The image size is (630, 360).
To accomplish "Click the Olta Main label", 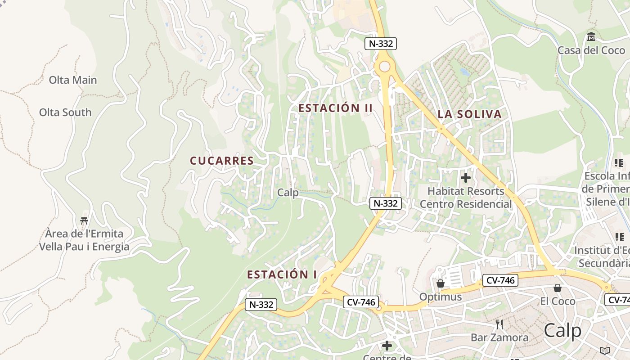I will [73, 80].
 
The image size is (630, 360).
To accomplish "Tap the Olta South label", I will [65, 112].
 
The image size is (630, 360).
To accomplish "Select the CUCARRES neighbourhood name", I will [222, 161].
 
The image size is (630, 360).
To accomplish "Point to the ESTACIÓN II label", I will [336, 108].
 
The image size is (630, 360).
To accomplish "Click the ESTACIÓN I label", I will [282, 274].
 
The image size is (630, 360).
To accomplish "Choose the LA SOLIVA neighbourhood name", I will [469, 114].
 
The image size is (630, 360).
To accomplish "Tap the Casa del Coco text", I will [591, 50].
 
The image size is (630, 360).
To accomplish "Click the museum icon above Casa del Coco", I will [591, 36].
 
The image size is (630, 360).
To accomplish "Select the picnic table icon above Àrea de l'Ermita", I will [84, 220].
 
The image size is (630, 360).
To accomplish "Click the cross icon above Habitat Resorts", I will [466, 178].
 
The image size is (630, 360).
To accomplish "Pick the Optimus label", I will [441, 297].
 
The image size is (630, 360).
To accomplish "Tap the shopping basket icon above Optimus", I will [441, 283].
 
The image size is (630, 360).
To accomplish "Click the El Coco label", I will [558, 301].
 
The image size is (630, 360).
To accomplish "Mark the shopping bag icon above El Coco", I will [558, 288].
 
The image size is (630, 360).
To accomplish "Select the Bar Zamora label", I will [499, 337].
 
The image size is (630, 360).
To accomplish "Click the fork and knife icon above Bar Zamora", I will [499, 324].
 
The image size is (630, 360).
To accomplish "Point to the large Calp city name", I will [562, 331].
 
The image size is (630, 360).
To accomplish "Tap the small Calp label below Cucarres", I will [288, 193].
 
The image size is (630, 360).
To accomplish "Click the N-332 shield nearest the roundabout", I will [381, 44].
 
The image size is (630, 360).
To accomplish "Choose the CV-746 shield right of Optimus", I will [500, 280].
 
